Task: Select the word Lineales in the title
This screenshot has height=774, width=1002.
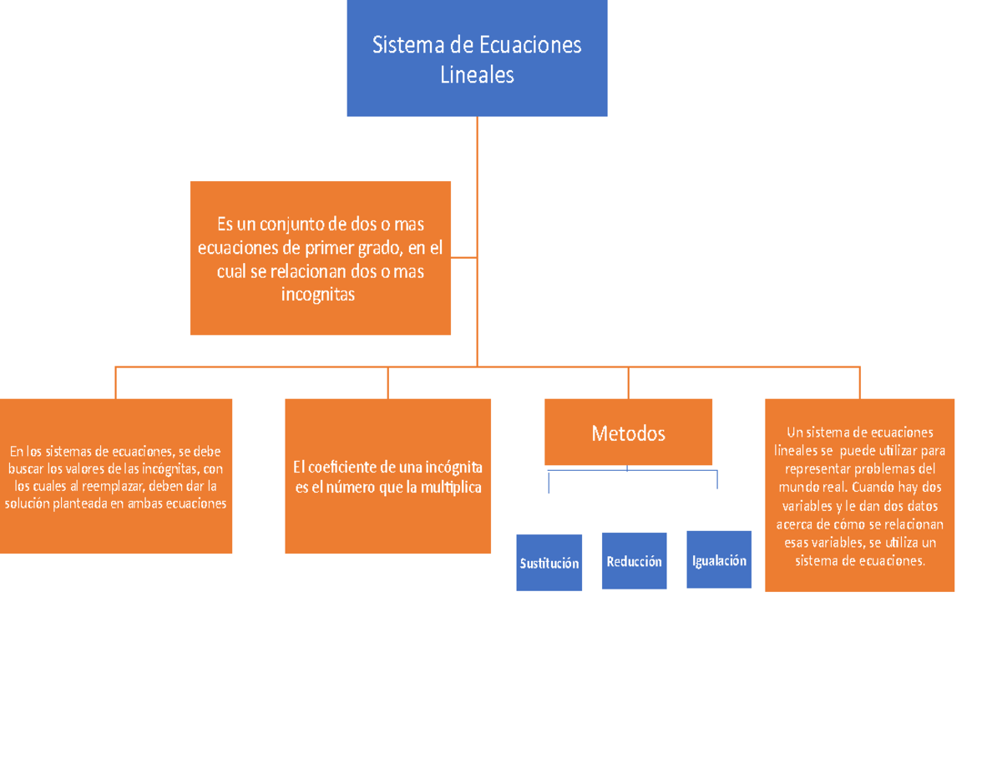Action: [477, 75]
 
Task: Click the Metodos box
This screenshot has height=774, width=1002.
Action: [628, 433]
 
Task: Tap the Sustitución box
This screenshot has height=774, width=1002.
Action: [549, 563]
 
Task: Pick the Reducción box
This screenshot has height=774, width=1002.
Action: [634, 561]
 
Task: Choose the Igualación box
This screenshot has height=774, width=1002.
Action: [719, 560]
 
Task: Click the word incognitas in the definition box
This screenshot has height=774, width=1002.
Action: [320, 294]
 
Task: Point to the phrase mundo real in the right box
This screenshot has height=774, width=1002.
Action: [809, 486]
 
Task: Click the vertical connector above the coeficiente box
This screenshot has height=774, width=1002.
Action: [388, 382]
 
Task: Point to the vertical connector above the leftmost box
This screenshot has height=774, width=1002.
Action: [115, 382]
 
